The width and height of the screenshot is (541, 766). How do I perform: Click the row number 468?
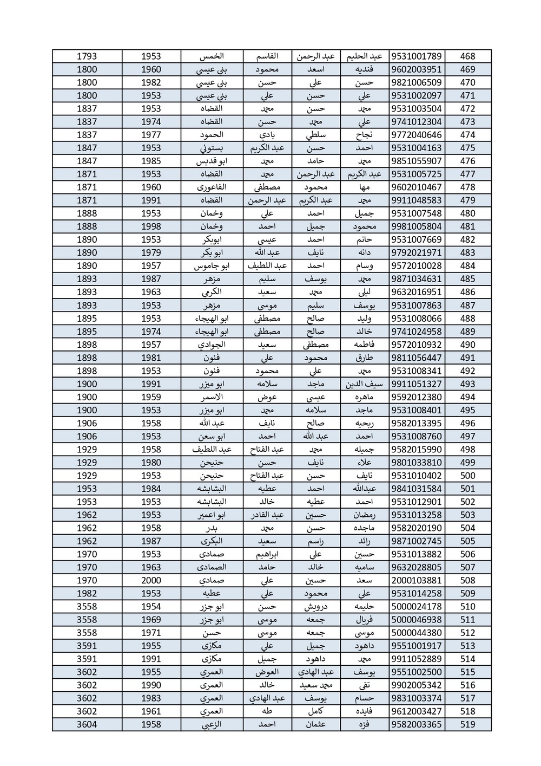(467, 56)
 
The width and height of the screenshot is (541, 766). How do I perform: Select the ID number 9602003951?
(416, 69)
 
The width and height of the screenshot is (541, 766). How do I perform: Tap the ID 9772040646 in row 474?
(416, 135)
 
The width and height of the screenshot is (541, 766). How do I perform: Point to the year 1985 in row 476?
(151, 161)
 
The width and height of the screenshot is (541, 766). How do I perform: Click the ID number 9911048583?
(416, 200)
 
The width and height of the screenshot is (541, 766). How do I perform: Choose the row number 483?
(467, 252)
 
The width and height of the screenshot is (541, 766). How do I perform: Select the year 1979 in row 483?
(151, 252)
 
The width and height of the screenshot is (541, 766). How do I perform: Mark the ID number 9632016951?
(416, 292)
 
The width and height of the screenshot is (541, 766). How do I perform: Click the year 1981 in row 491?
(151, 358)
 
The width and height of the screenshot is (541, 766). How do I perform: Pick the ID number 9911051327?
(416, 384)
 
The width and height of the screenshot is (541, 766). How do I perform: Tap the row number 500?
(467, 476)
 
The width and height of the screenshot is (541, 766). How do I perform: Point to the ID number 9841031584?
(416, 489)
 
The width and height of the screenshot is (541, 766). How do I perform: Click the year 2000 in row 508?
(151, 580)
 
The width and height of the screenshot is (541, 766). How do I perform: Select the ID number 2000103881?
(416, 580)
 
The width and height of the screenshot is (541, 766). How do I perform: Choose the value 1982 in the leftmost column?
(87, 593)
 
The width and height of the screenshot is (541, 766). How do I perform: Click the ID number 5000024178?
(416, 607)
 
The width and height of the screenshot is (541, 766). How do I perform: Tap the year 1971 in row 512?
(151, 633)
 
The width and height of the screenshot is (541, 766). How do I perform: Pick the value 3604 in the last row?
(87, 724)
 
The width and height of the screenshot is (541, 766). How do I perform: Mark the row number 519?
(467, 724)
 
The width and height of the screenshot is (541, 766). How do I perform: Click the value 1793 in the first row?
(87, 56)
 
